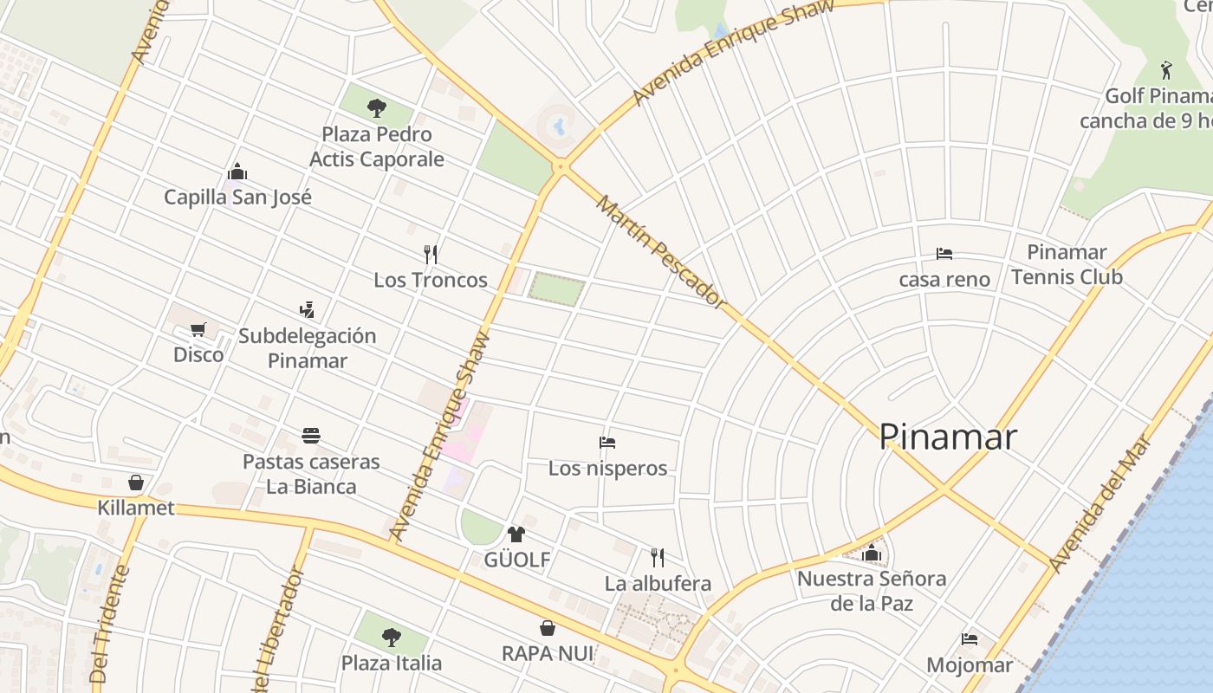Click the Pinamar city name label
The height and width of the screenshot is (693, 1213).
948,437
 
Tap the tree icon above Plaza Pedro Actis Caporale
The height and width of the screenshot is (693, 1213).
376,108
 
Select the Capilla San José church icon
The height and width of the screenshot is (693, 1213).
237,172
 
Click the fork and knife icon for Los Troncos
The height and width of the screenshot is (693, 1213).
431,254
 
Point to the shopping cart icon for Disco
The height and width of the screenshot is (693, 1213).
198,329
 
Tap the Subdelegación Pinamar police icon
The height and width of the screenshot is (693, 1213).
307,309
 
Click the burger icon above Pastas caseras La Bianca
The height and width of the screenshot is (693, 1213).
311,435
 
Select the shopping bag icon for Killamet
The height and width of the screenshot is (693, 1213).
136,482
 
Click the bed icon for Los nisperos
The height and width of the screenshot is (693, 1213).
607,443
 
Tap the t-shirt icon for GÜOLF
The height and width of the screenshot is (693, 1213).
516,534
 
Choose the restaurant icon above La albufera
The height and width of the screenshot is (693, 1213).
658,557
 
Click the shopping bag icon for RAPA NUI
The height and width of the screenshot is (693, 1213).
548,627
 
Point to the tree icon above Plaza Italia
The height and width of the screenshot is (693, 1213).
392,638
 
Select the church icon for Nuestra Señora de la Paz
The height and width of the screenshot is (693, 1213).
872,553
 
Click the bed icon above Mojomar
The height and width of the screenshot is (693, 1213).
970,639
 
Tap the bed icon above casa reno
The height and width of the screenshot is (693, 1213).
944,254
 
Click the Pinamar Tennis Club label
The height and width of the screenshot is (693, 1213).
1067,264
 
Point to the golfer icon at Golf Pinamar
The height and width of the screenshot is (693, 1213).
1166,70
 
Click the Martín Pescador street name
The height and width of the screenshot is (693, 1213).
662,252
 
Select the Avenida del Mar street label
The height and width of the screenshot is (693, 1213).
1100,502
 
